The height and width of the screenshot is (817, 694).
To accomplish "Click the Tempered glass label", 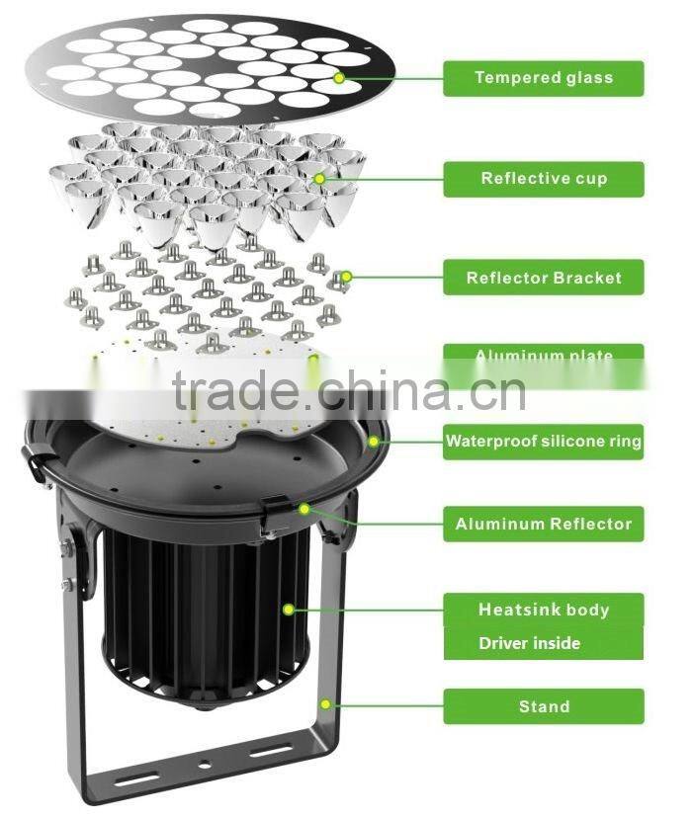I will click(543, 78).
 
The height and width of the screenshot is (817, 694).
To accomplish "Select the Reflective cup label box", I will click(543, 179).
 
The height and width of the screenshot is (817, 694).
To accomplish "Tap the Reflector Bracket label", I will click(543, 278).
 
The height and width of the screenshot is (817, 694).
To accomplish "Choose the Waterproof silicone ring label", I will click(543, 442).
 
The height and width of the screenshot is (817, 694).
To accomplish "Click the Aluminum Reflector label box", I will click(543, 525).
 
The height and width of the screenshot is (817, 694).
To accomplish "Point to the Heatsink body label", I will click(543, 610).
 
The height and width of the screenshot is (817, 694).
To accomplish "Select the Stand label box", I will click(543, 706).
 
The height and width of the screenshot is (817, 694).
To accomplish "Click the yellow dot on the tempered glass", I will click(339, 77).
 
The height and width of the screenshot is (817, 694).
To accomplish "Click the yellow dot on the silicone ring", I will click(374, 442).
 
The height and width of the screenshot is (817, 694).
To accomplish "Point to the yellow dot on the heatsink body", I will click(288, 610).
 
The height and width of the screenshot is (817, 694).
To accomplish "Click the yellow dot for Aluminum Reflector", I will click(304, 509).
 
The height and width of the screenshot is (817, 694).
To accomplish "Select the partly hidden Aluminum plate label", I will click(543, 355).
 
